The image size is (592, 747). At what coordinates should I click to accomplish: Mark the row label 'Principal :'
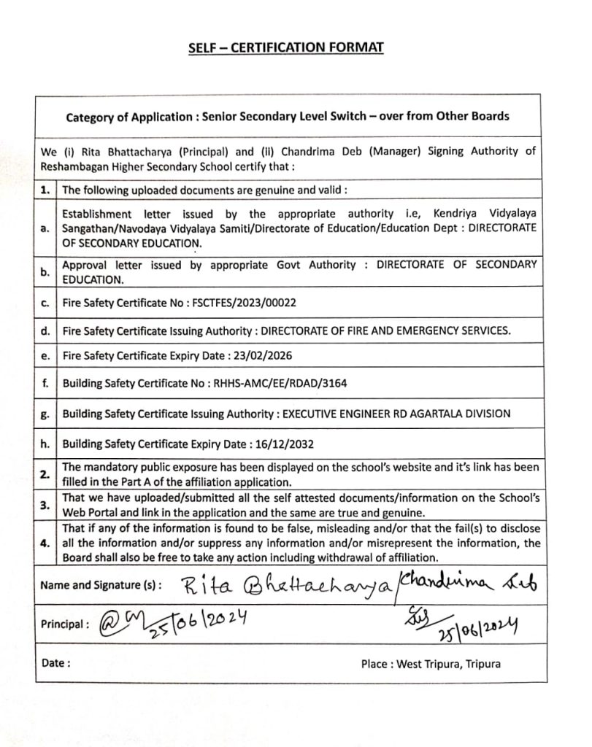(65, 624)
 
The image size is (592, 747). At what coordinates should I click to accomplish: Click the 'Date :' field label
(56, 664)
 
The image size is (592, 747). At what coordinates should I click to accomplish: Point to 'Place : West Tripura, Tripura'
(431, 665)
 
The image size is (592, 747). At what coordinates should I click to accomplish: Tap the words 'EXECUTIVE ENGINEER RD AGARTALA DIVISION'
(396, 414)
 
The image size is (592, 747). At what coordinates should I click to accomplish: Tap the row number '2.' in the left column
(45, 474)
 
